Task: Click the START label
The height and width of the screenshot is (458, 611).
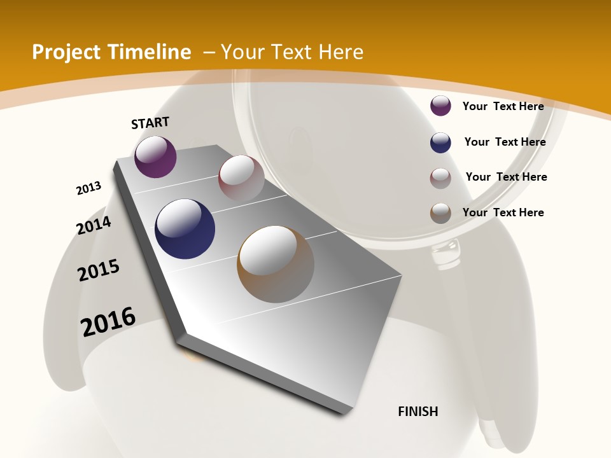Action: [x=150, y=122]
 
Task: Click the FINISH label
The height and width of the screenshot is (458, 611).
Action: [x=418, y=412]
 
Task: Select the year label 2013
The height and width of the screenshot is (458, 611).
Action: [x=88, y=188]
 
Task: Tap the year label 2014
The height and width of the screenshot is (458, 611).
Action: [x=94, y=225]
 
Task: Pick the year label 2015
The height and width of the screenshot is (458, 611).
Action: [x=99, y=270]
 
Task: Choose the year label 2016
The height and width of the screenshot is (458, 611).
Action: [x=108, y=322]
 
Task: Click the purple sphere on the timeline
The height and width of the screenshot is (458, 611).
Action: [x=155, y=156]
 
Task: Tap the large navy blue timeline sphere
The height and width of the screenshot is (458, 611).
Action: [x=185, y=228]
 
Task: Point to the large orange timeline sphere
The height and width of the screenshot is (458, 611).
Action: [x=276, y=264]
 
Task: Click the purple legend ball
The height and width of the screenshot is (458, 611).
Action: [x=440, y=106]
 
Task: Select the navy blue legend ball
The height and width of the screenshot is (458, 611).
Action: [x=440, y=142]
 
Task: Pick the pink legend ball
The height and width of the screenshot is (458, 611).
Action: [x=440, y=178]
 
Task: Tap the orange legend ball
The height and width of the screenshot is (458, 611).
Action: [x=440, y=213]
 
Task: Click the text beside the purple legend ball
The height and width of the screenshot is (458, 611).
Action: [x=503, y=106]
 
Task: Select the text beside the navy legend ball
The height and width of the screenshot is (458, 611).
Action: [x=505, y=142]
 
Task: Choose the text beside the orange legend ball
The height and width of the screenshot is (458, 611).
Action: [x=503, y=212]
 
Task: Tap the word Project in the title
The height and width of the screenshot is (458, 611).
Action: [x=67, y=52]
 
